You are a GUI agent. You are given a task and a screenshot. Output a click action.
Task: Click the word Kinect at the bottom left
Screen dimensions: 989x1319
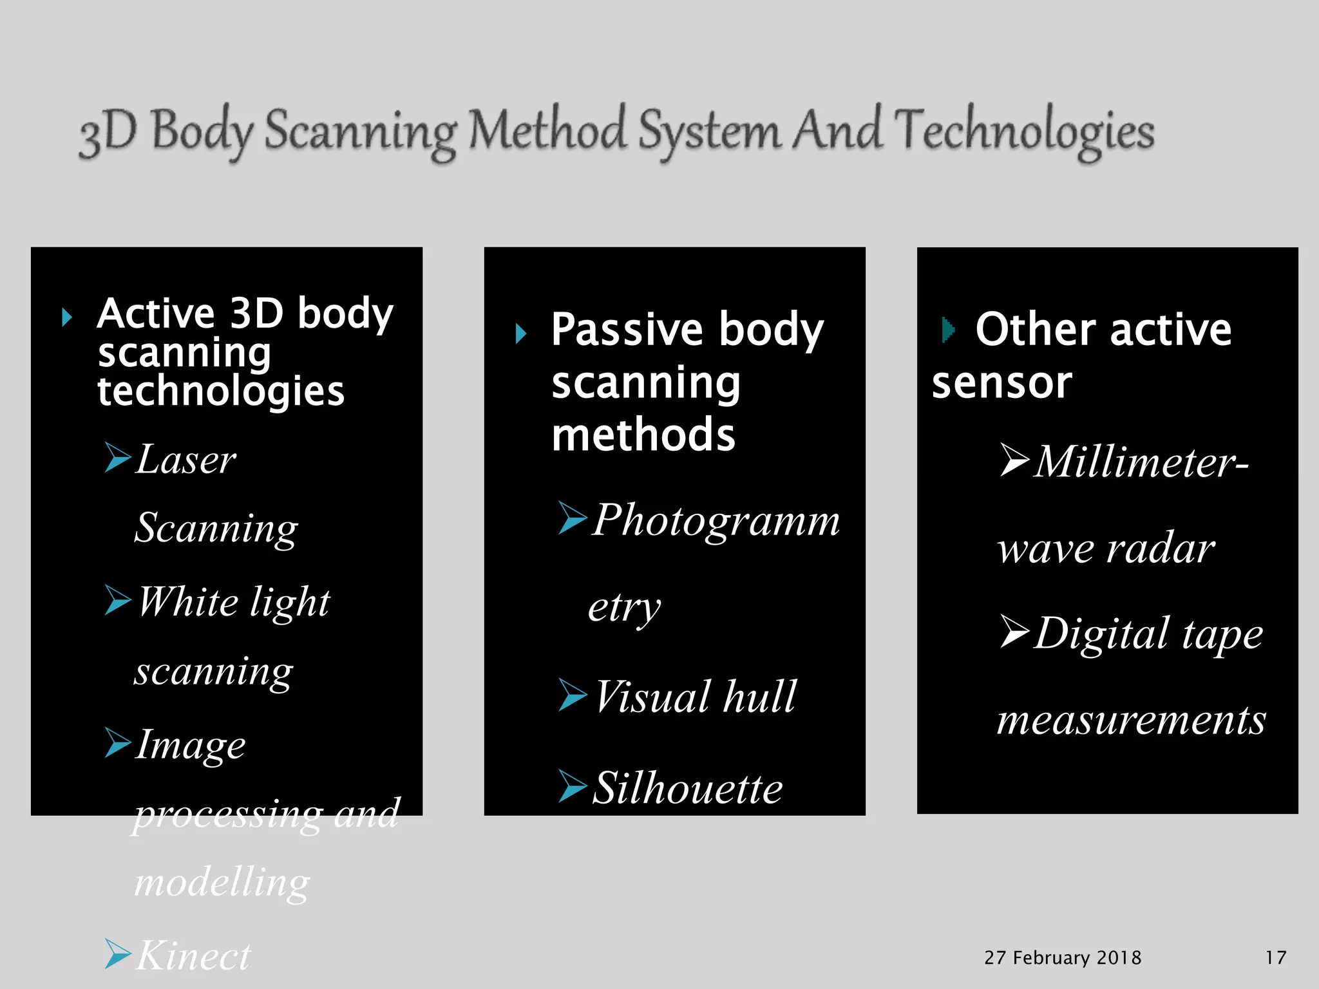[x=193, y=956]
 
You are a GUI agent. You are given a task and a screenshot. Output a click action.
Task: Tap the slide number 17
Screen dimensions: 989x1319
[x=1275, y=957]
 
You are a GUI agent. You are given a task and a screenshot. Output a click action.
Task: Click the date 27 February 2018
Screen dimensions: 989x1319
[x=1063, y=957]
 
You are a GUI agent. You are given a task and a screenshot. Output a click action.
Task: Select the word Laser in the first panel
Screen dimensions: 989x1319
[x=186, y=460]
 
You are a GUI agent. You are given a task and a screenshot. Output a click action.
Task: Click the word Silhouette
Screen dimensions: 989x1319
[x=687, y=788]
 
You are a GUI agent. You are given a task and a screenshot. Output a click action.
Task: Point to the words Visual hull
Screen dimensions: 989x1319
[x=696, y=697]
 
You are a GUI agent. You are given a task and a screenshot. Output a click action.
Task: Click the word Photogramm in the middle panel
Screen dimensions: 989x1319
[x=716, y=520]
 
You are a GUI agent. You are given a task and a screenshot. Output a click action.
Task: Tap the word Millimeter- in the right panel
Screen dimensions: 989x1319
[x=1141, y=462]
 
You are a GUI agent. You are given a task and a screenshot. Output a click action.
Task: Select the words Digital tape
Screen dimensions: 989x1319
[x=1148, y=634]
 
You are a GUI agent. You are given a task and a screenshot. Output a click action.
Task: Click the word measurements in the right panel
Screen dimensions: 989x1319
[x=1131, y=719]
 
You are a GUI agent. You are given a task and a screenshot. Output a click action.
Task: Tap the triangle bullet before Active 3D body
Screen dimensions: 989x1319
[x=66, y=317]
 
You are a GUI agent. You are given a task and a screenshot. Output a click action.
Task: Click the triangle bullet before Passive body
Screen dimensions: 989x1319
[x=520, y=333]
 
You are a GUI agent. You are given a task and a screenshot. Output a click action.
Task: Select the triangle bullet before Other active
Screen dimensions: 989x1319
[x=947, y=330]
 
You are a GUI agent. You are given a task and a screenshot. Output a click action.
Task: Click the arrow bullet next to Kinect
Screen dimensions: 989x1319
[x=118, y=954]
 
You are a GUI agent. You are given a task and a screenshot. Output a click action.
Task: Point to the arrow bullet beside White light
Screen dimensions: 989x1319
[x=118, y=600]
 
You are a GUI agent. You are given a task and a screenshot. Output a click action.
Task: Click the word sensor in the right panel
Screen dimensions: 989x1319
[x=1001, y=382]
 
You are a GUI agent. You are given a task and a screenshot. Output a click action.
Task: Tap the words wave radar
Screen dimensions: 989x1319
[x=1106, y=549]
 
